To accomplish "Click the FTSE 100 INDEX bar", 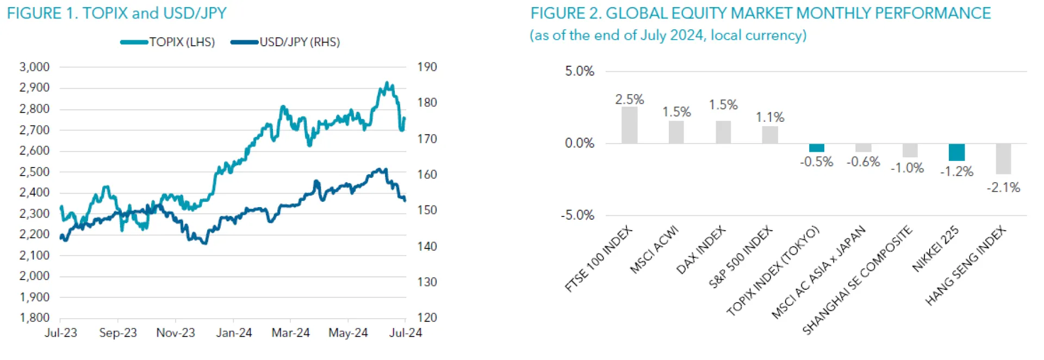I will coord(629,125).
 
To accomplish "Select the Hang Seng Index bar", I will coord(1003,159).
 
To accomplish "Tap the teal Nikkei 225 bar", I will coord(956,152).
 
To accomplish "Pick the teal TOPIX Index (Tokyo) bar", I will coord(816,148).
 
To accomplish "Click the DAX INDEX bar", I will coord(723,132).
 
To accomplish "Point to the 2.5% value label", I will coord(629,100).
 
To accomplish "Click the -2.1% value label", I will coord(1003,188).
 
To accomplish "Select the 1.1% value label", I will coord(769,117).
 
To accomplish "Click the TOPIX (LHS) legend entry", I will coord(169,42).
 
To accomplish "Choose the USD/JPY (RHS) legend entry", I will coord(286,42).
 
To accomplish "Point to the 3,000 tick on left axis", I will coord(34,67).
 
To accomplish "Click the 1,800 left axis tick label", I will coord(34,318).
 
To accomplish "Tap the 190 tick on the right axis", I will coord(427,67).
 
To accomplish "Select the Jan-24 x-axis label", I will coord(234,333).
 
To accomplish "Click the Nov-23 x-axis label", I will coord(176,333).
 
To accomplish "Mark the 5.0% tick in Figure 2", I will coord(579,71).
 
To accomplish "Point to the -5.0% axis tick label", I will coord(577,215).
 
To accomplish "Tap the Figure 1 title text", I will coord(117,13).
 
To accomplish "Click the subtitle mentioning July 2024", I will coord(668,35).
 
